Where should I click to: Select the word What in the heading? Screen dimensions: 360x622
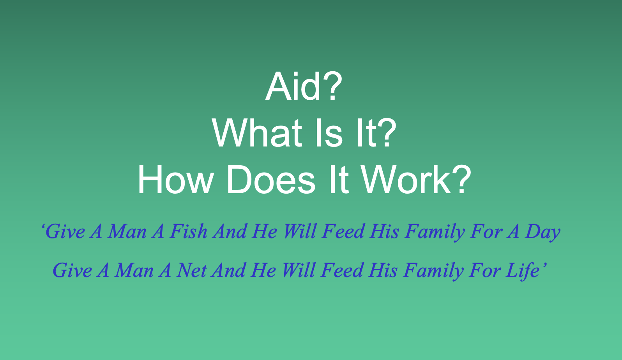tap(257, 133)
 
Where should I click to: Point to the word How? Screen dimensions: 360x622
tap(175, 180)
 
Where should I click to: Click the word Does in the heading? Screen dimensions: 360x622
tap(270, 180)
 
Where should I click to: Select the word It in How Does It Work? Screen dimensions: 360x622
tap(338, 180)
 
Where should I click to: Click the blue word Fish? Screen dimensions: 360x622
tap(189, 231)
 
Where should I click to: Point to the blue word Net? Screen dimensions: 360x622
tap(191, 270)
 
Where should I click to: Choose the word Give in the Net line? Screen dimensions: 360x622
tap(72, 270)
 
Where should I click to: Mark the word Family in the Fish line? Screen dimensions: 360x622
tap(435, 232)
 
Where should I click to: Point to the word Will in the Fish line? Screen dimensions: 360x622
tap(299, 231)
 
